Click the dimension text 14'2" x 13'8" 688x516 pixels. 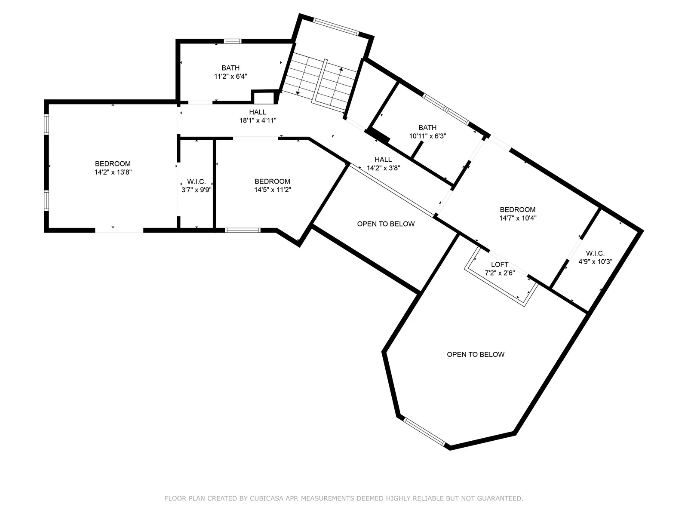point(113,172)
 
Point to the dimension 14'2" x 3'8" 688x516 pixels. point(383,168)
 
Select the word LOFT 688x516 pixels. point(500,264)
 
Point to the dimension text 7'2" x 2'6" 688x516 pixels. point(500,273)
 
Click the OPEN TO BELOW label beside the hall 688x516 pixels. point(386,224)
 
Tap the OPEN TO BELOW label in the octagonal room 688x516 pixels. point(476,354)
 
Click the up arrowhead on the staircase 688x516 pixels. point(341,69)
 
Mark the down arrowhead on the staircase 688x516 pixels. point(298,93)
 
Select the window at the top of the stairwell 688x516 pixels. point(336,27)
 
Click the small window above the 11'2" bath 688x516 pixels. point(233,41)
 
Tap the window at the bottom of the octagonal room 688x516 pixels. point(424,431)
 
